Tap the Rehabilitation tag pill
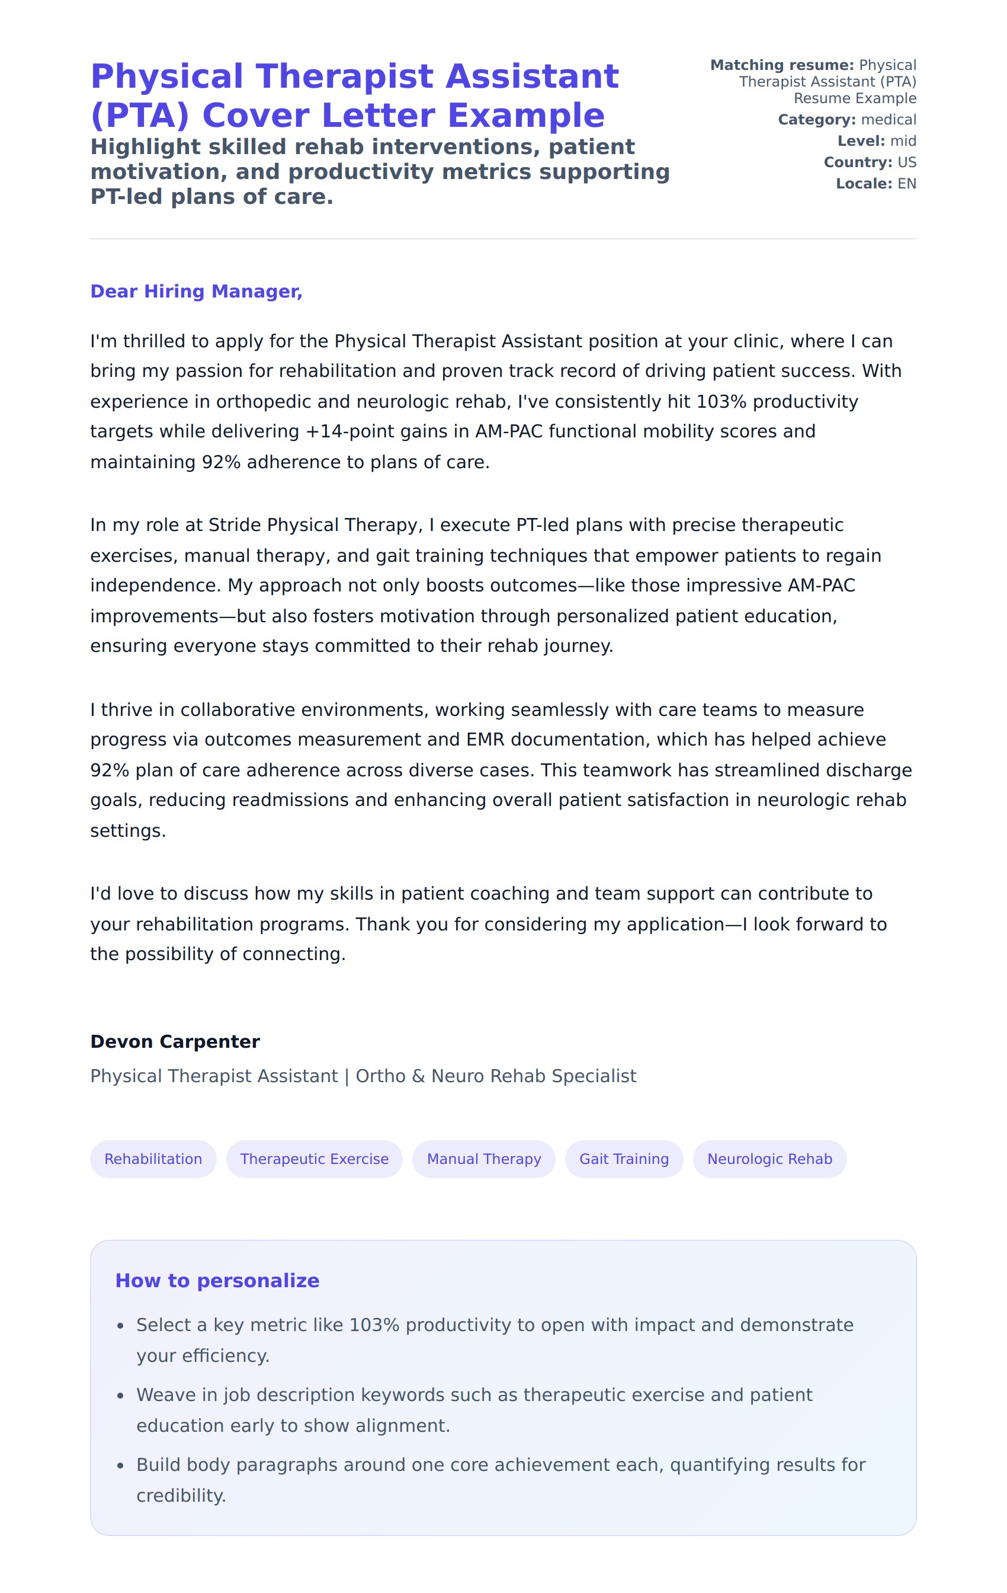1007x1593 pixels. pos(153,1159)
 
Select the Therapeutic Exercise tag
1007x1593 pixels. pos(314,1159)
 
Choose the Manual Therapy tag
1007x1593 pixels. pos(483,1159)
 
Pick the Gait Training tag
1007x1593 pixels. pos(624,1159)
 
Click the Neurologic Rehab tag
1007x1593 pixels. pos(769,1159)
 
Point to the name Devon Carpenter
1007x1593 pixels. pos(175,1041)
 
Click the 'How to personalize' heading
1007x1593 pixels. pos(217,1280)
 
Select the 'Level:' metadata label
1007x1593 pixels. pos(861,141)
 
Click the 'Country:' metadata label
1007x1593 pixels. pos(858,162)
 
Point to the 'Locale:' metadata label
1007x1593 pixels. pos(864,183)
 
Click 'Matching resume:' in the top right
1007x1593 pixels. pos(781,65)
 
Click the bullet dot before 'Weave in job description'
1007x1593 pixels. pos(120,1396)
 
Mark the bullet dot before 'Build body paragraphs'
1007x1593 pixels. pos(120,1466)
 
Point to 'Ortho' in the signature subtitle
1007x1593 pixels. pos(380,1076)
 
